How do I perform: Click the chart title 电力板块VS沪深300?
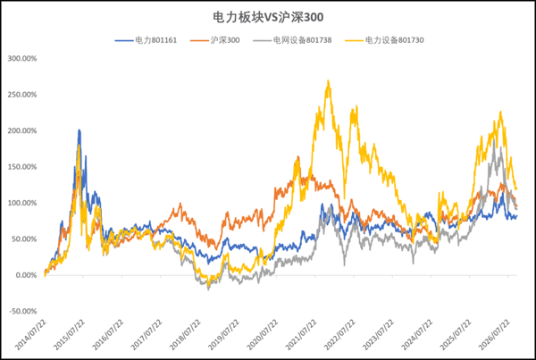click(x=268, y=17)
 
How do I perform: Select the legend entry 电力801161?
click(x=146, y=40)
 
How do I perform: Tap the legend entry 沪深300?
click(x=215, y=40)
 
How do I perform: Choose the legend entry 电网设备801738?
click(x=292, y=40)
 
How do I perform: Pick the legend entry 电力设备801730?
click(x=384, y=40)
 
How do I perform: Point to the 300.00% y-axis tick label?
click(x=22, y=58)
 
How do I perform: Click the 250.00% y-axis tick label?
click(x=22, y=95)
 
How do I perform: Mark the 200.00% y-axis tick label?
click(x=22, y=131)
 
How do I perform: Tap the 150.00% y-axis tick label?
click(x=22, y=167)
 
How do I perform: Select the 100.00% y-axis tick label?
click(x=22, y=203)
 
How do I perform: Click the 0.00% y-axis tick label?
click(x=26, y=275)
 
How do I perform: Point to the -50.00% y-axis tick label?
click(x=23, y=312)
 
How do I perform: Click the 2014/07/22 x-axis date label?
click(x=31, y=335)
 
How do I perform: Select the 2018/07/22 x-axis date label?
click(x=186, y=335)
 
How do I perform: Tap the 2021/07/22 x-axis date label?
click(x=302, y=335)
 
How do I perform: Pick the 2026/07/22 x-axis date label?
click(x=495, y=335)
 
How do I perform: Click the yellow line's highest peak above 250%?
click(x=328, y=80)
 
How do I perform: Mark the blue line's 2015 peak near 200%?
click(x=80, y=130)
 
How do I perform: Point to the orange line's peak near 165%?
click(x=298, y=156)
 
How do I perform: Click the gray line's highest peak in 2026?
click(x=494, y=139)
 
